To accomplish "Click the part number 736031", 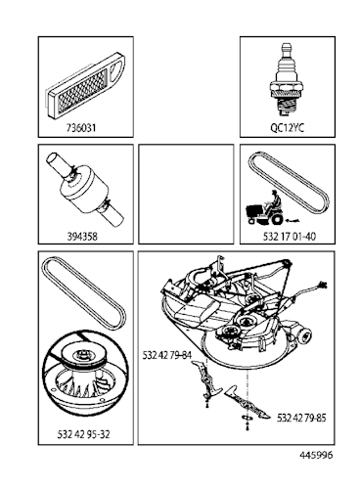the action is (81, 127).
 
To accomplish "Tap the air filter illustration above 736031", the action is (86, 86).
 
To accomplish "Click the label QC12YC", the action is (287, 127).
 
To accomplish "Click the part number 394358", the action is (82, 236).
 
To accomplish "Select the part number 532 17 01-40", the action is (290, 236).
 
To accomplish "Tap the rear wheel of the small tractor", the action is (277, 219).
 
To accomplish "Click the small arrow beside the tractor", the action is (292, 221).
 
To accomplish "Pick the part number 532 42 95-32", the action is (84, 434).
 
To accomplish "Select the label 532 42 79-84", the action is (167, 355).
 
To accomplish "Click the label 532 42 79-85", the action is (301, 418).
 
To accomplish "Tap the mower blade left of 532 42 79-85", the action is (247, 402).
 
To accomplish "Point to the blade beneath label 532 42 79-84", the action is (206, 380).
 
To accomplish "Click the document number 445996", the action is (316, 455).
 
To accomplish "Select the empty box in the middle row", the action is (186, 194).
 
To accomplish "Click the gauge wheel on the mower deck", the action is (303, 333).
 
